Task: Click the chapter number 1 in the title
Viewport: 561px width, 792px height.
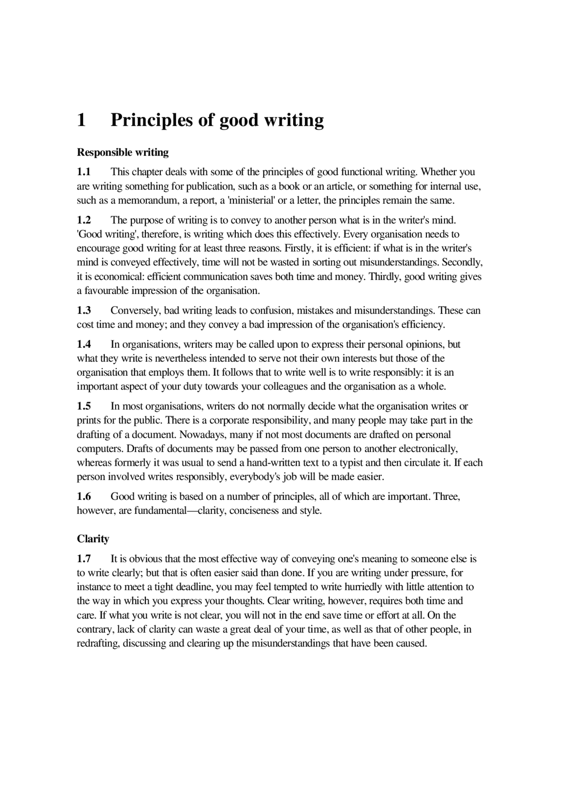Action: click(81, 120)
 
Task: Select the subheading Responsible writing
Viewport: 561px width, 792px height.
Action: click(123, 152)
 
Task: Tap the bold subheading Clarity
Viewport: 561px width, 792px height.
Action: click(93, 539)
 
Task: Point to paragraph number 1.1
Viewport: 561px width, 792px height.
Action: click(84, 172)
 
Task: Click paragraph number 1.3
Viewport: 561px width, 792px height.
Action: click(84, 311)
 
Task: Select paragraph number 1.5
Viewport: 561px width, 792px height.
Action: click(84, 407)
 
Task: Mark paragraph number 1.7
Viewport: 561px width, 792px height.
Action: click(84, 559)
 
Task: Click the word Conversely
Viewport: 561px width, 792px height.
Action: click(135, 311)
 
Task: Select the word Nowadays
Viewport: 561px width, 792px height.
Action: click(206, 435)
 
